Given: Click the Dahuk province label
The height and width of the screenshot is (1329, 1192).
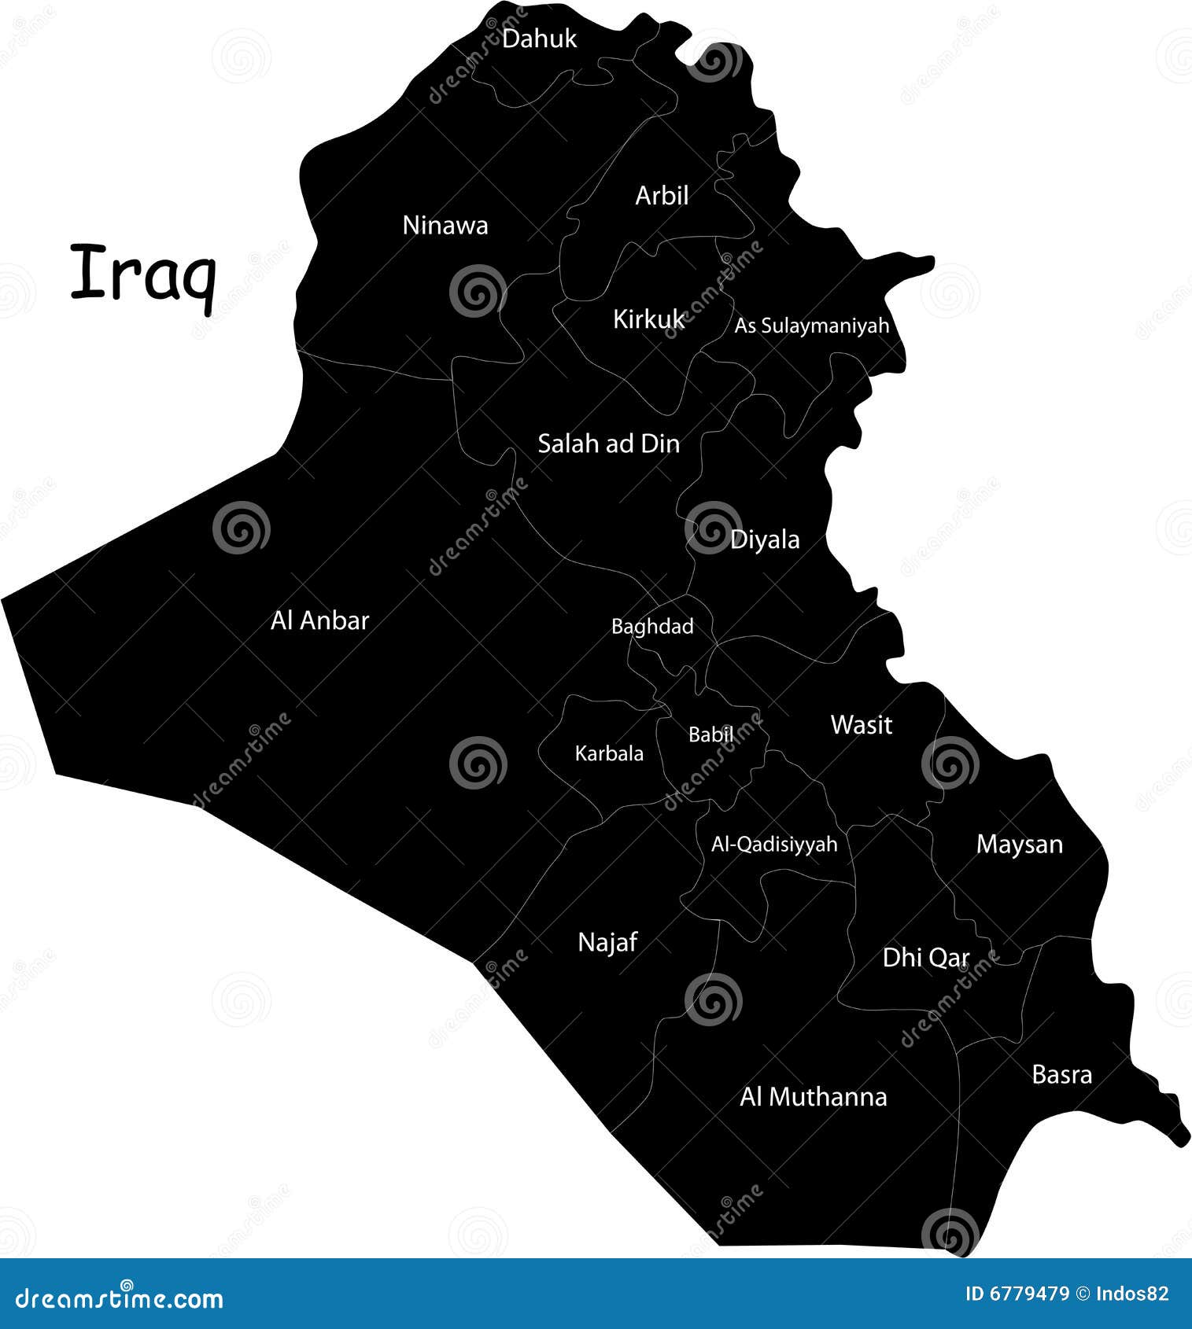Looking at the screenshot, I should tap(539, 39).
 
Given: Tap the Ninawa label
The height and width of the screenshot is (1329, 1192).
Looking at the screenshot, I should tap(445, 226).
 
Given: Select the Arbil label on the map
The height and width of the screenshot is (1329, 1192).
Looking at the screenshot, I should tap(662, 196).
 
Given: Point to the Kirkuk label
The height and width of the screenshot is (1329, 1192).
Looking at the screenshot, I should tap(648, 319).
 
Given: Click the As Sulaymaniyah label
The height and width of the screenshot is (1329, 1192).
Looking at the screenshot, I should tap(811, 326).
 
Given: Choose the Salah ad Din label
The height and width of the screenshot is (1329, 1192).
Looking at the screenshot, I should tap(608, 444).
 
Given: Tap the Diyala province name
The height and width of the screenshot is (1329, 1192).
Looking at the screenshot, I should tap(765, 540).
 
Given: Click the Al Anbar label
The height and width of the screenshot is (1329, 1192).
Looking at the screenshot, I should tap(319, 621).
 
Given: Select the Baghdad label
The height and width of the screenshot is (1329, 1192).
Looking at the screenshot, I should tap(652, 627).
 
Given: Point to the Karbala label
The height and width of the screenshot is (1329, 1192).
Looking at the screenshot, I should tap(609, 753).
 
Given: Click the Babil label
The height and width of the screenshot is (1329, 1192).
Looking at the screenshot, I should tap(710, 734).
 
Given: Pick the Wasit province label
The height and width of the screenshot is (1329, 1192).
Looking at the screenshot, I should tap(862, 725).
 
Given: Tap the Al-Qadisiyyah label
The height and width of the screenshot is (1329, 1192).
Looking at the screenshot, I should tap(774, 845).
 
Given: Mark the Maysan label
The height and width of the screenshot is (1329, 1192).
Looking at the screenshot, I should tap(1019, 845).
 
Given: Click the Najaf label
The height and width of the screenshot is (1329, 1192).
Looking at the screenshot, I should tap(607, 942).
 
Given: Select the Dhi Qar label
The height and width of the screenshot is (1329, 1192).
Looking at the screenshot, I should tap(926, 958).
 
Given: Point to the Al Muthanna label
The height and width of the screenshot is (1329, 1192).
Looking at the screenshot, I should tap(813, 1097).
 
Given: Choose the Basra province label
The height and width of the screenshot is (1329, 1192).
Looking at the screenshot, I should tap(1061, 1075).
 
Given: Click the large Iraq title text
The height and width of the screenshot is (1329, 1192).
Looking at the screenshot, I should tap(143, 275).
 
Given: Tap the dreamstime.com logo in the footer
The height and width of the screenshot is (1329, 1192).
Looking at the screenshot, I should tap(120, 1298).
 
